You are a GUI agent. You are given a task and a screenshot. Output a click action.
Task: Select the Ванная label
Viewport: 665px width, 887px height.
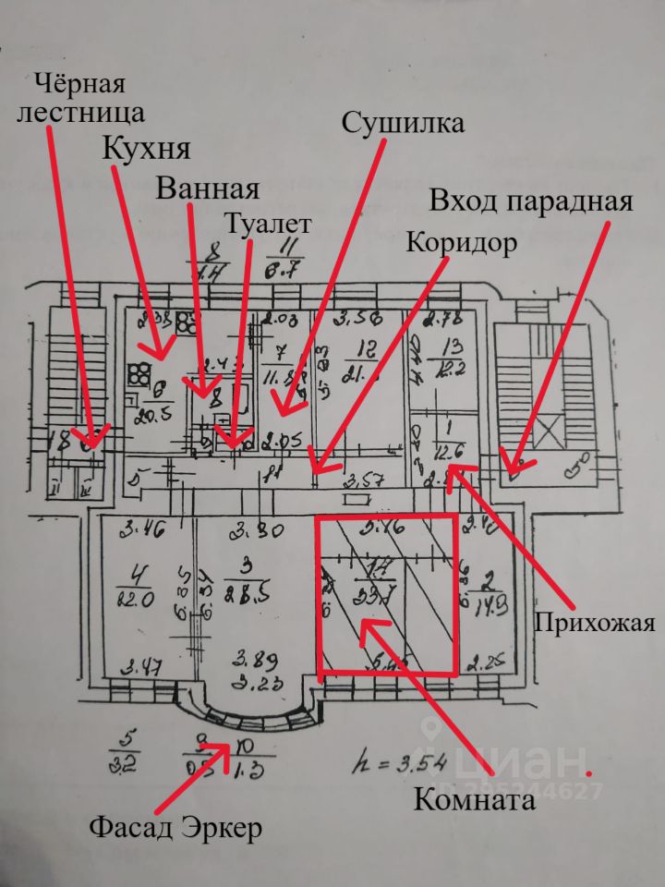click(206, 189)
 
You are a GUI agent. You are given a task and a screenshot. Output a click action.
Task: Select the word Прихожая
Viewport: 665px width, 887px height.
click(595, 622)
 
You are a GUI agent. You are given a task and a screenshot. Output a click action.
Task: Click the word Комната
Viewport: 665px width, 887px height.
click(475, 800)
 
